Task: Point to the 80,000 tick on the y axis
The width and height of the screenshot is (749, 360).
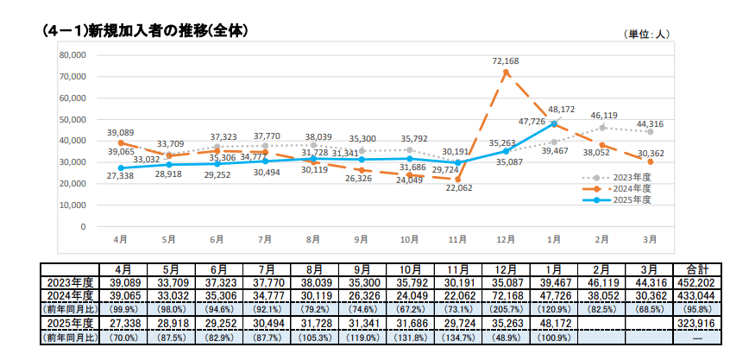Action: click(x=72, y=54)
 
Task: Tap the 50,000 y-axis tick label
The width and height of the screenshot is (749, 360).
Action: click(x=72, y=119)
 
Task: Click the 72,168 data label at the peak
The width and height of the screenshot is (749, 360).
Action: click(x=505, y=61)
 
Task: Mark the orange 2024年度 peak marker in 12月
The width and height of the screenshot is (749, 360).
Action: click(x=506, y=72)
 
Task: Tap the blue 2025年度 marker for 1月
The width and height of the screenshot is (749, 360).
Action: click(x=554, y=123)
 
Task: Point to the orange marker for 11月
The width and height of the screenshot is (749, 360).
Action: click(x=457, y=180)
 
